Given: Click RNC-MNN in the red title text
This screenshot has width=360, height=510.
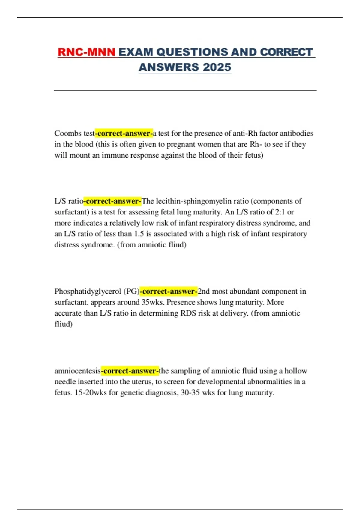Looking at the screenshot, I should coord(86,52).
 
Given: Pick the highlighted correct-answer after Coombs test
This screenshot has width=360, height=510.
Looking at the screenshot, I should coord(124,133).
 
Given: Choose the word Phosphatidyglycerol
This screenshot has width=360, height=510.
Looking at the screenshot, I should coord(88,291).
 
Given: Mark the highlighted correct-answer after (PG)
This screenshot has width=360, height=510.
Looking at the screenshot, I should coord(169,291).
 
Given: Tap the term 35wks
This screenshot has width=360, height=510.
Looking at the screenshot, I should coord(152,302).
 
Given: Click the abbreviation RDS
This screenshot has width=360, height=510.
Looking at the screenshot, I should coord(188,313).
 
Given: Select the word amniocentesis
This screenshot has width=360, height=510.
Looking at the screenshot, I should coord(77,371).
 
